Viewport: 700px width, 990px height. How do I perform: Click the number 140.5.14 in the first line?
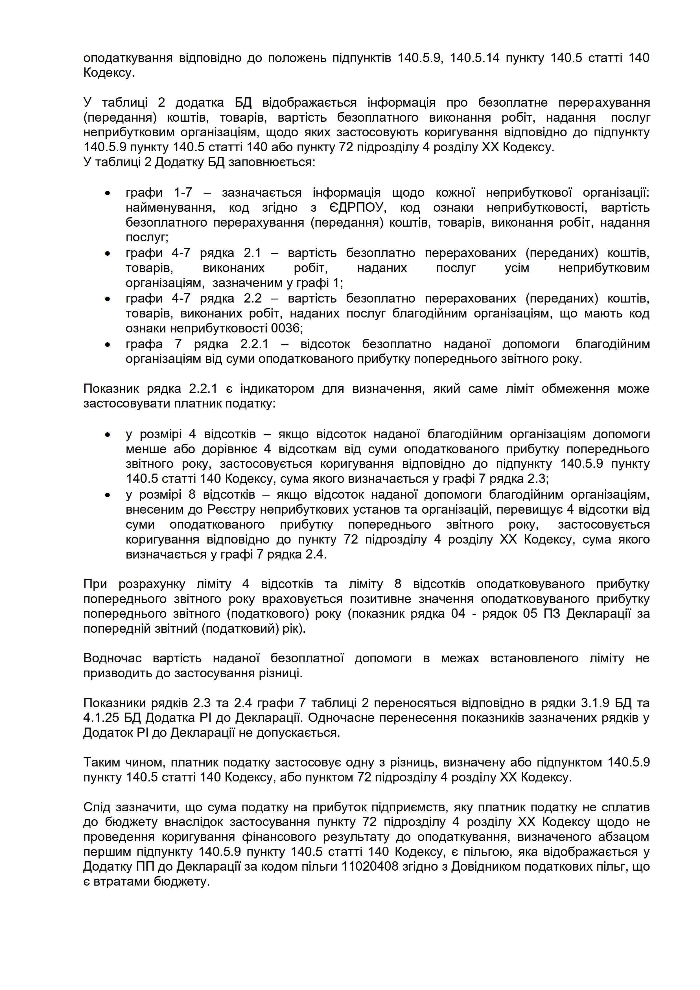[475, 58]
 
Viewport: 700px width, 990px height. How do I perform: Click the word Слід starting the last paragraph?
[97, 807]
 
